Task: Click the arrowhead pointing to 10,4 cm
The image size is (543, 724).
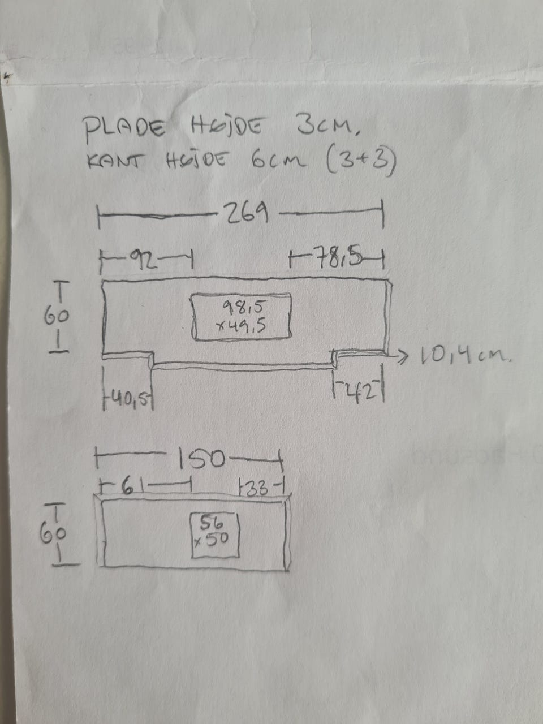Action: point(403,355)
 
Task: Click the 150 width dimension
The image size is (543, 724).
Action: point(201,459)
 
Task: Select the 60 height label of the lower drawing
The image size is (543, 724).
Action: point(55,533)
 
